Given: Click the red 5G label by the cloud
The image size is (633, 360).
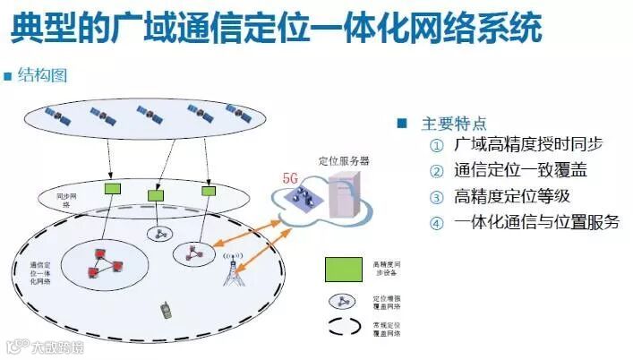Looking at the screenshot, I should [x=290, y=178].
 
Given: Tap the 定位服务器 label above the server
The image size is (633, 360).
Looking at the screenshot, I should [x=345, y=161].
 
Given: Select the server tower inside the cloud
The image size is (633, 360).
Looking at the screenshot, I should [x=345, y=194].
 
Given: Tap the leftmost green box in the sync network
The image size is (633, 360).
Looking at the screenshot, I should [x=114, y=189].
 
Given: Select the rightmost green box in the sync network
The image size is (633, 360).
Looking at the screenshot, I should [x=209, y=190].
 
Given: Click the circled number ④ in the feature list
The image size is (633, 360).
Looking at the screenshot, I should [x=436, y=223].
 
